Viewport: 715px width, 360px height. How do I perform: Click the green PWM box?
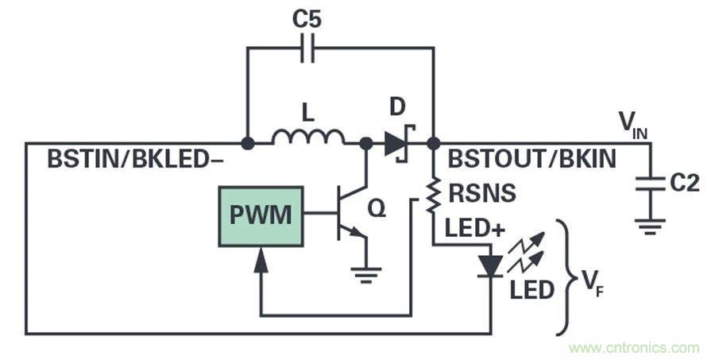[x=260, y=215]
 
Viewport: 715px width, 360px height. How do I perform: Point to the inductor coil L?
[x=307, y=140]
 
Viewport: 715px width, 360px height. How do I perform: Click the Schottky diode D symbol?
[x=400, y=144]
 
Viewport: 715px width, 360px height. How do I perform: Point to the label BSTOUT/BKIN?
[x=531, y=159]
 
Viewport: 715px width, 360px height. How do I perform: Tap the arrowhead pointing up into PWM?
[x=260, y=259]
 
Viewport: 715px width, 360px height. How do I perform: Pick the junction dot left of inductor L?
[x=247, y=144]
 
